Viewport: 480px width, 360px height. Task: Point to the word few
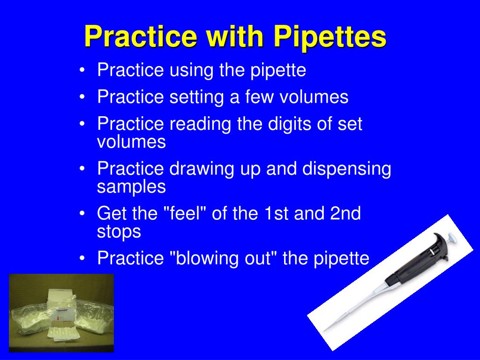[x=260, y=97]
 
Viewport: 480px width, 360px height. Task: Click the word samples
[x=131, y=187]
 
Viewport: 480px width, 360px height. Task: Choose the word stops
[x=119, y=232]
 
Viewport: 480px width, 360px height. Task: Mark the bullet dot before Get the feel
[x=82, y=214]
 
